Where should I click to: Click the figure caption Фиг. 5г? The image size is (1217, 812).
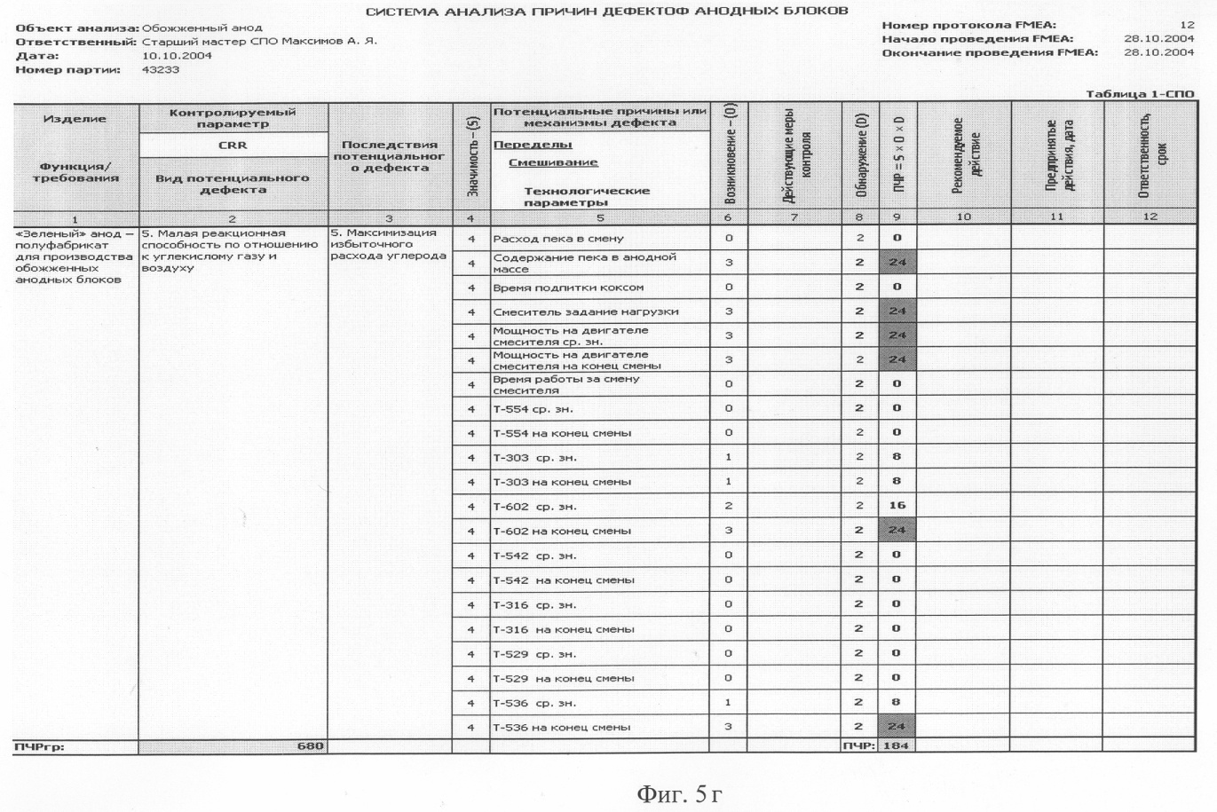[x=679, y=793]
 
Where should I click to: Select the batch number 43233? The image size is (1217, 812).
[x=161, y=69]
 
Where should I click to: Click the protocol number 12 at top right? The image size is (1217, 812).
[x=1187, y=25]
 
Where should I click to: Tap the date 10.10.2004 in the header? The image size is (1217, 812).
[x=177, y=55]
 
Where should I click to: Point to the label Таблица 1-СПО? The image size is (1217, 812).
[x=1140, y=94]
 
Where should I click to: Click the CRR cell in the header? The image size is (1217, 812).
[x=233, y=145]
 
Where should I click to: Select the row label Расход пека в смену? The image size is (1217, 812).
[x=558, y=239]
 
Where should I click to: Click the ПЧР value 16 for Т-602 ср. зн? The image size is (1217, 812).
[x=897, y=506]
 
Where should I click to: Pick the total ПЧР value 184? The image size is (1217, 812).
[x=897, y=745]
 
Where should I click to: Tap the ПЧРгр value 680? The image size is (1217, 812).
[x=310, y=745]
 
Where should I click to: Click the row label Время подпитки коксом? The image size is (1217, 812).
[x=568, y=288]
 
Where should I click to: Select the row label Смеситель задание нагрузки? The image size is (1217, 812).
[x=585, y=311]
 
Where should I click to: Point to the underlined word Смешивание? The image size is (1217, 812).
[x=553, y=162]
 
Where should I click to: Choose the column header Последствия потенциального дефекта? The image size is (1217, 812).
[x=389, y=156]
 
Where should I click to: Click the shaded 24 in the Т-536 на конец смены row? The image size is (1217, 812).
[x=897, y=727]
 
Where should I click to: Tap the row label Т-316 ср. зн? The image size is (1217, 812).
[x=534, y=605]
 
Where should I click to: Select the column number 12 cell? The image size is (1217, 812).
[x=1150, y=217]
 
